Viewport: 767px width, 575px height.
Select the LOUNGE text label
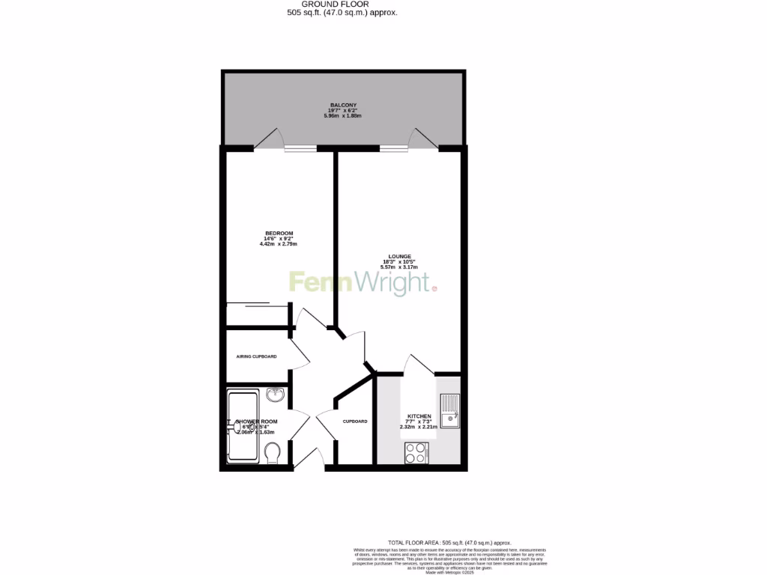click(399, 256)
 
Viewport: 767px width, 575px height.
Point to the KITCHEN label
click(419, 416)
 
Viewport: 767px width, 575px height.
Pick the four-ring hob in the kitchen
click(416, 452)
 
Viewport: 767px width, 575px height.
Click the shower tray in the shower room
click(243, 425)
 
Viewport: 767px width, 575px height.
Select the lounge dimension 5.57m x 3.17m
click(399, 268)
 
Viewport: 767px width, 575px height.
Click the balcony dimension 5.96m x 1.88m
click(343, 116)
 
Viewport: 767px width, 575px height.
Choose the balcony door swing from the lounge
click(422, 139)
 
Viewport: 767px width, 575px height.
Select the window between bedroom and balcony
click(300, 148)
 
